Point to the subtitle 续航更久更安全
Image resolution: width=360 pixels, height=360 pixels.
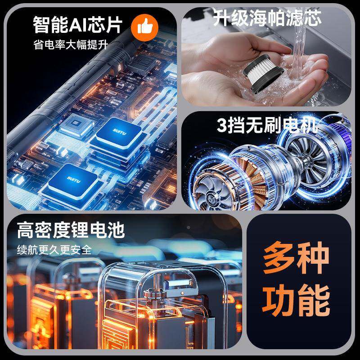pos(54,249)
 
